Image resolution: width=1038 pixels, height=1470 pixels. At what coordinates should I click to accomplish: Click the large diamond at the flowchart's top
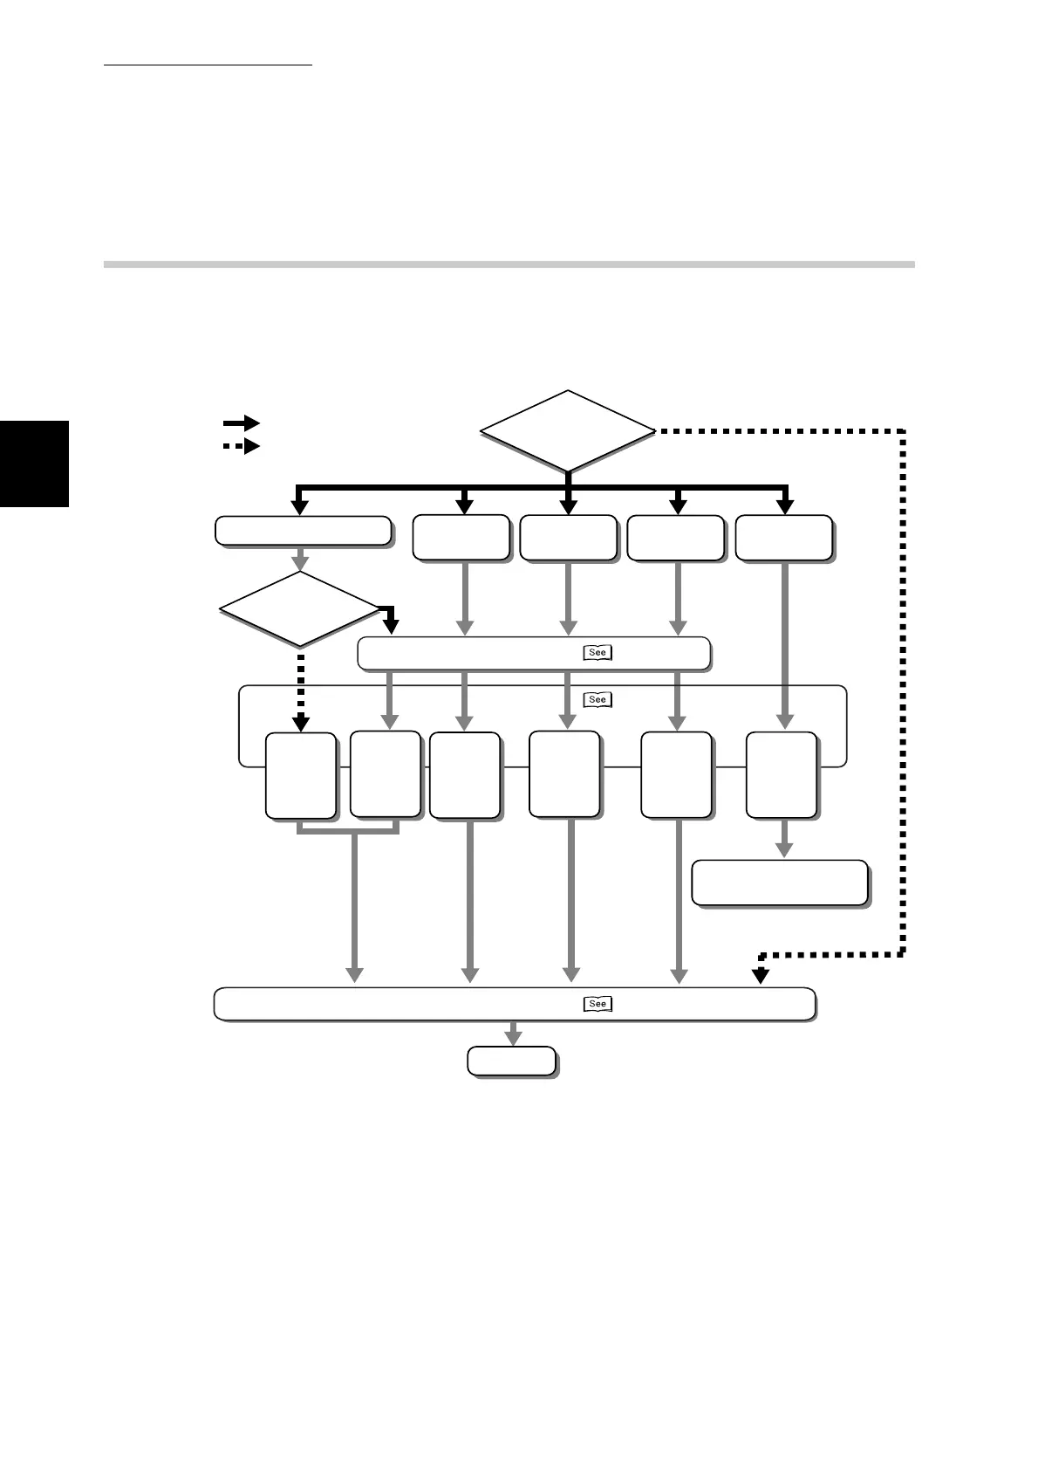point(568,430)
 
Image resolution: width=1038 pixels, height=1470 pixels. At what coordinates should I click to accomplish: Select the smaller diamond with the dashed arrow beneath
point(300,608)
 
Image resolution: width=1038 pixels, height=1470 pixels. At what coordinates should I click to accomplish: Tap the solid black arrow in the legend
point(242,423)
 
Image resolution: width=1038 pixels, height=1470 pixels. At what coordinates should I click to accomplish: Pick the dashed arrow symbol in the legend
point(242,447)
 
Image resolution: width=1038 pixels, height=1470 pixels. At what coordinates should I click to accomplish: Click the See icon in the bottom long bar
point(597,1004)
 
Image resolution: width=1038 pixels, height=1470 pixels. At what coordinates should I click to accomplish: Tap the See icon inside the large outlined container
point(597,699)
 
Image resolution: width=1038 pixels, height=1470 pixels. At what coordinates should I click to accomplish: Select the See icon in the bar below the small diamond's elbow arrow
point(597,652)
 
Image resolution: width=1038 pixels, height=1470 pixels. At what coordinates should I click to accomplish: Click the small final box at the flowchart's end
point(512,1061)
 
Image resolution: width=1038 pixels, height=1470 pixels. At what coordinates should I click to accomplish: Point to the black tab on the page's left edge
point(34,463)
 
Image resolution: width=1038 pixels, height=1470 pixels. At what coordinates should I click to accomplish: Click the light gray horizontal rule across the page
point(509,263)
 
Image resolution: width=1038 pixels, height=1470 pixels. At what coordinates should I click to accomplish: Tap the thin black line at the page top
point(208,65)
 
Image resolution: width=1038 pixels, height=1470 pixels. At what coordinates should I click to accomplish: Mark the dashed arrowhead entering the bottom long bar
point(761,976)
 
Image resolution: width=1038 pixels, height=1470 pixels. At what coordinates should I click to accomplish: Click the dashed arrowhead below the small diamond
point(300,721)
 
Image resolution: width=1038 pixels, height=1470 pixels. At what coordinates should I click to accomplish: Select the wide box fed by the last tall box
point(780,883)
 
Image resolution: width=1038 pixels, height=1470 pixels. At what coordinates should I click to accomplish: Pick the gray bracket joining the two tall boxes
point(348,829)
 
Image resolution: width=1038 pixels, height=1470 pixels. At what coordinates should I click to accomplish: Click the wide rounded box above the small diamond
point(303,531)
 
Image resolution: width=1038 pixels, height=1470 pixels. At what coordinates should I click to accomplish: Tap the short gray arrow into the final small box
point(513,1034)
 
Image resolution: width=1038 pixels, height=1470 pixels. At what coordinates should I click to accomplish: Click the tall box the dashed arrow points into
point(300,775)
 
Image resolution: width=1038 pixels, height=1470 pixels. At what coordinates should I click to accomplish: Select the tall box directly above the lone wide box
point(782,775)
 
